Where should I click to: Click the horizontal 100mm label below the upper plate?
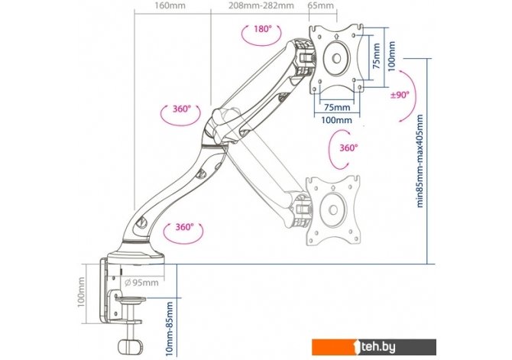pos(336,119)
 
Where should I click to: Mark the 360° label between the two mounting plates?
pos(348,148)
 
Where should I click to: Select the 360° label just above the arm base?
pos(183,227)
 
